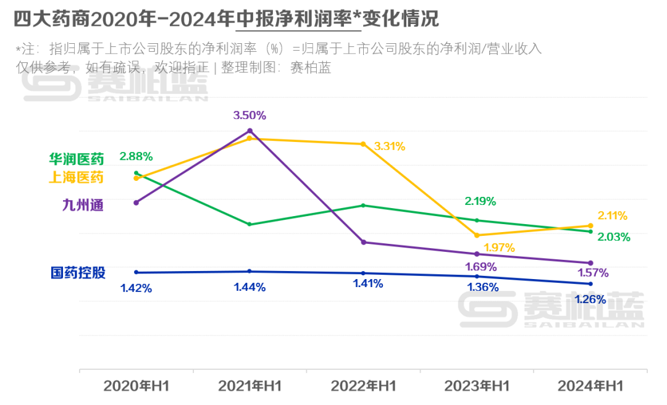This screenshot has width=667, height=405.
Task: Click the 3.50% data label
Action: point(250,115)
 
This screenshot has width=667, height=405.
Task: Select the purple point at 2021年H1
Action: point(250,131)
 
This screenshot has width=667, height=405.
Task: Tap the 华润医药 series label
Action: point(77,159)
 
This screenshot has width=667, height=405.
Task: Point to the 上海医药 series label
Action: point(77,178)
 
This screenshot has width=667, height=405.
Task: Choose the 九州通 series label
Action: point(83,205)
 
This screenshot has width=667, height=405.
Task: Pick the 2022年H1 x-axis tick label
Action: point(363,386)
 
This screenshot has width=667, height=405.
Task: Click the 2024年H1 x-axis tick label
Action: point(590,386)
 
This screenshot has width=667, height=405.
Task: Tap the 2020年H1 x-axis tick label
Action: point(136,386)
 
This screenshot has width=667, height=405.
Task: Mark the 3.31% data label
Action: point(390,146)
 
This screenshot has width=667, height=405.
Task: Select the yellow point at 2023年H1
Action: point(477,235)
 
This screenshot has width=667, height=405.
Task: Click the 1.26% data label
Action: point(590,300)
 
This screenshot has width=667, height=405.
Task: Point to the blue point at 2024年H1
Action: point(590,284)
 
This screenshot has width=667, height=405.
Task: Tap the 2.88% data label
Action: point(136,156)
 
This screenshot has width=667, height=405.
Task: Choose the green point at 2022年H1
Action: point(363,206)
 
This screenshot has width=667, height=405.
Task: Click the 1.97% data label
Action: point(499,248)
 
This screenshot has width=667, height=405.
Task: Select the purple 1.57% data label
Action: point(593,272)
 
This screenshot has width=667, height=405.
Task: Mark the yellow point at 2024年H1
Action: point(590,226)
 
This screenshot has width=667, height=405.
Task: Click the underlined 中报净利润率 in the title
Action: point(298,19)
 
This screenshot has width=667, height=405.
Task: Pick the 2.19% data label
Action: point(480,201)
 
